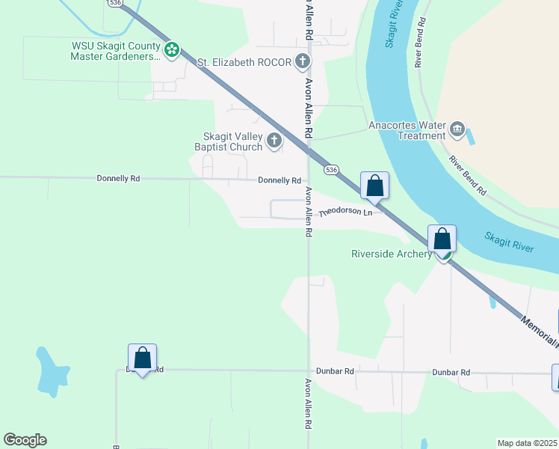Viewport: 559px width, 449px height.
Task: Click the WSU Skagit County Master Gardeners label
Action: coord(116,50)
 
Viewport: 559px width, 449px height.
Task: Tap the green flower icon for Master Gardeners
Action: coord(172,50)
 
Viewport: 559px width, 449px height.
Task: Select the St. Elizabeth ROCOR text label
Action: coord(244,62)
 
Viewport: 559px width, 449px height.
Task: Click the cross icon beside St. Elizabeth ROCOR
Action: coord(303,61)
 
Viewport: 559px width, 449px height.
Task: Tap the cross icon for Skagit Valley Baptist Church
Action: coord(275,139)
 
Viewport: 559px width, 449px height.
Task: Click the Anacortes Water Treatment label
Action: coord(407,130)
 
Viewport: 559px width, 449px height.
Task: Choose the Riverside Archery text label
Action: coord(392,254)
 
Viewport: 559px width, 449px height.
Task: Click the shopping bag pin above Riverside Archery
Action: coord(442,239)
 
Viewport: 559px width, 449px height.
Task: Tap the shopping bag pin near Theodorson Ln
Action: coord(374,186)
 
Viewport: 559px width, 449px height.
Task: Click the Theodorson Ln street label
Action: coord(345,213)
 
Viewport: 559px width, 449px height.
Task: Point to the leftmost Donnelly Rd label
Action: coord(118,178)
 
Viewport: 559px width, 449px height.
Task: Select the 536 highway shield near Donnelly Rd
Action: coord(332,170)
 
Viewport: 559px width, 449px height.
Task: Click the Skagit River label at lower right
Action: coord(509,242)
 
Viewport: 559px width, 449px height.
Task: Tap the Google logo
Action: coord(25,440)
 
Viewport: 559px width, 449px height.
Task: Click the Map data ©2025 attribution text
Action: coord(528,443)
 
